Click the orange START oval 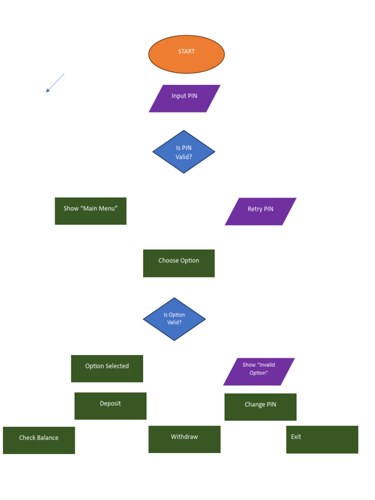(x=186, y=54)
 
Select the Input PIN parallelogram (x=185, y=99)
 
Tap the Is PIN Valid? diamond (x=184, y=152)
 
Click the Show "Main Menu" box (x=90, y=211)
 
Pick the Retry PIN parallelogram (x=260, y=211)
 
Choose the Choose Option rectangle (x=179, y=263)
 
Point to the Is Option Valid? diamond (x=174, y=319)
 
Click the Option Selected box (x=107, y=369)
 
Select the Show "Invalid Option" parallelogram (x=259, y=372)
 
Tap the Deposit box (x=110, y=406)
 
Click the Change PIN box (x=260, y=407)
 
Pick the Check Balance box (x=39, y=440)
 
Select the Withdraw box (x=184, y=439)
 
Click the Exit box (x=322, y=439)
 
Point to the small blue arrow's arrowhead (x=47, y=91)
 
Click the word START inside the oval (x=186, y=51)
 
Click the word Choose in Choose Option (x=168, y=261)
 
